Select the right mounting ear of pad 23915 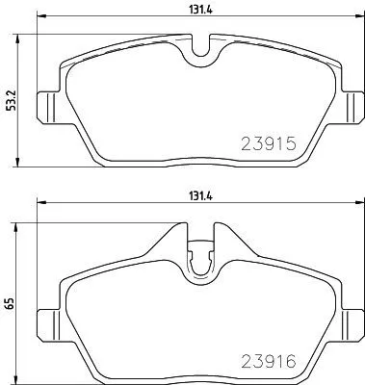[352, 103]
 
